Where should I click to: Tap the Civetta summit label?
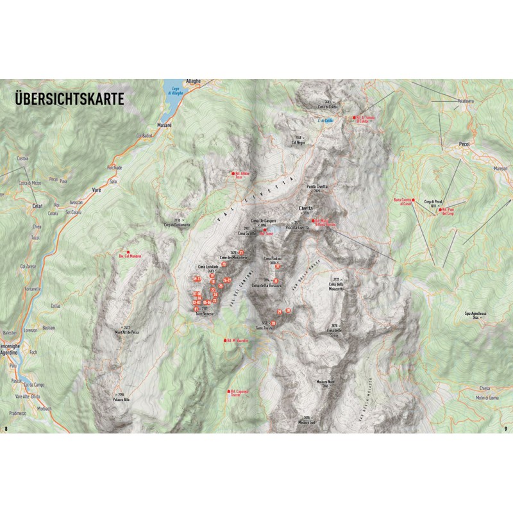pos(306,208)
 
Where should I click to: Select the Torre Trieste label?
pos(264,327)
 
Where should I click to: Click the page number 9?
pos(506,428)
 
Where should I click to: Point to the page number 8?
pos(6,428)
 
